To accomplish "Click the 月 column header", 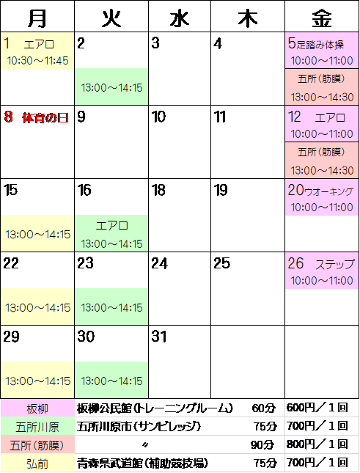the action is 37,18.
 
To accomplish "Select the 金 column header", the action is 322,18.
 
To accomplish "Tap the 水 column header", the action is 180,18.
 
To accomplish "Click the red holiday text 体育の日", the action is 45,118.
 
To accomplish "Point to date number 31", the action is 159,337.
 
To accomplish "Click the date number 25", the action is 221,263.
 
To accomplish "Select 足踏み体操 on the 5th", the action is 320,45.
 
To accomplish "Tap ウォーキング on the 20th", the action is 328,191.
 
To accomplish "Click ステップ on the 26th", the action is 334,265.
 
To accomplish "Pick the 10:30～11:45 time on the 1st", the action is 37,61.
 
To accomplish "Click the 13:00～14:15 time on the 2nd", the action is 111,88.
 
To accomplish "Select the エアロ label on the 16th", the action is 112,226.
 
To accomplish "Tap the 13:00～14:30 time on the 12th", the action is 322,171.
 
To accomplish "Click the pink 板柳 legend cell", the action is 37,408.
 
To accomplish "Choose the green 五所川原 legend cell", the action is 37,427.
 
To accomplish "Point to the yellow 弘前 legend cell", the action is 37,463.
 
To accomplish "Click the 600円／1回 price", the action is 317,408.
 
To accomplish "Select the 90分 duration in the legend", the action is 262,444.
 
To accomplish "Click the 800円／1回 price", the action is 317,444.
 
